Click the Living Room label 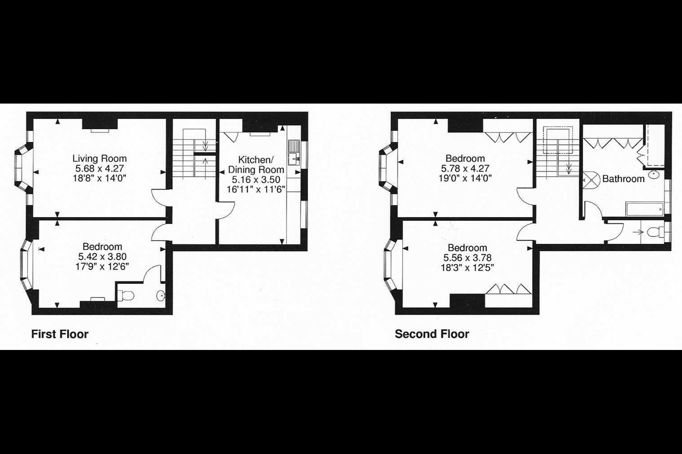tap(99, 158)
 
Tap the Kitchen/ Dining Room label tap(256, 165)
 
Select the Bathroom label tap(624, 179)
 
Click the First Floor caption tap(60, 334)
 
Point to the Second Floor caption tap(432, 334)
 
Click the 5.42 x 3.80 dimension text tap(102, 257)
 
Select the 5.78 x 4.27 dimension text tap(465, 168)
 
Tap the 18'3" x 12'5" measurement tap(467, 268)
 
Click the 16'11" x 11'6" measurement tap(256, 190)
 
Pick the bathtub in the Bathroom tap(645, 209)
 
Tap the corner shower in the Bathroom tap(591, 180)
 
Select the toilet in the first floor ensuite tap(126, 296)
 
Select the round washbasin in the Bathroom tap(653, 175)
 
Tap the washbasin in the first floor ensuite tap(161, 296)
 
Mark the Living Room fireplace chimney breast tap(100, 124)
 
